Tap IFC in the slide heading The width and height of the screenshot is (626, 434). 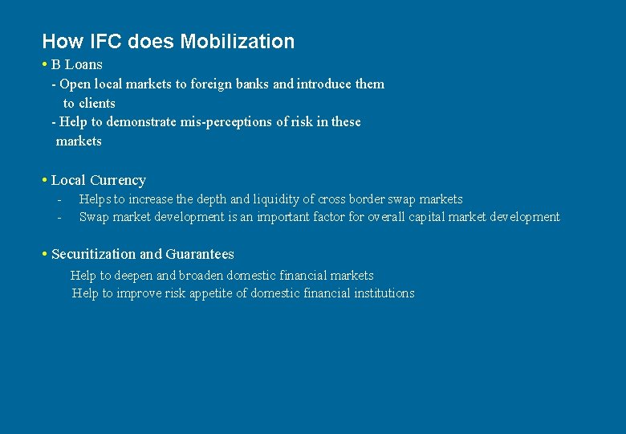point(96,42)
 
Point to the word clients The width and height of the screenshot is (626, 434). point(97,103)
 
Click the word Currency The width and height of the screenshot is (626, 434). point(118,180)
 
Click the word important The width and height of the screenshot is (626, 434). point(283,217)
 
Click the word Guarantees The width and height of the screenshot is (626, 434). point(200,254)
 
